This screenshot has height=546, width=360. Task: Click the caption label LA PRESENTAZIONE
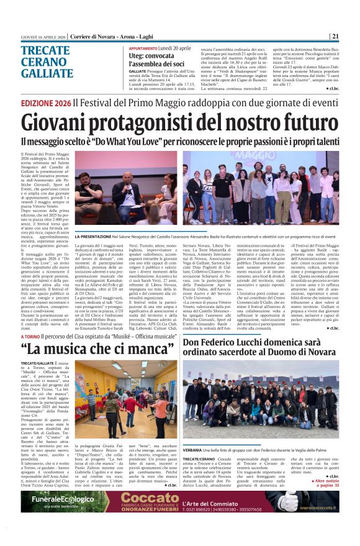click(113, 237)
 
